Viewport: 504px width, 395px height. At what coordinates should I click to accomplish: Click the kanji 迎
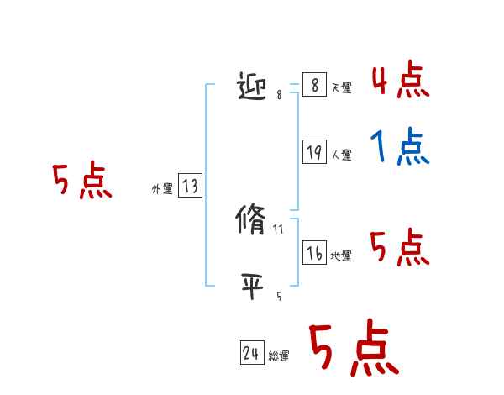pyautogui.click(x=255, y=87)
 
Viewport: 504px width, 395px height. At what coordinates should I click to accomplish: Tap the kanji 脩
pyautogui.click(x=253, y=221)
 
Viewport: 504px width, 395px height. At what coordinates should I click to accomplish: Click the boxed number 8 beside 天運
pyautogui.click(x=313, y=85)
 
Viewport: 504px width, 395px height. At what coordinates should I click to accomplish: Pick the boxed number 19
pyautogui.click(x=314, y=152)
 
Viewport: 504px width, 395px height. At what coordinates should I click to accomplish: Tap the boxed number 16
pyautogui.click(x=314, y=252)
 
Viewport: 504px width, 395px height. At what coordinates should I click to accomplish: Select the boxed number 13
pyautogui.click(x=190, y=186)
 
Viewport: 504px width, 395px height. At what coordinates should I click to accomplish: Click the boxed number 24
pyautogui.click(x=251, y=354)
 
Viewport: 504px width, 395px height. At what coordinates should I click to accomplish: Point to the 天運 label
pyautogui.click(x=342, y=88)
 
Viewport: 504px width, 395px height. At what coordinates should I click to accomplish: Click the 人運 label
pyautogui.click(x=342, y=155)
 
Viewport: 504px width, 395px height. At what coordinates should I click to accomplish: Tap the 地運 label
pyautogui.click(x=342, y=255)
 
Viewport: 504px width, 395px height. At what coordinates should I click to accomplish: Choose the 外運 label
pyautogui.click(x=161, y=189)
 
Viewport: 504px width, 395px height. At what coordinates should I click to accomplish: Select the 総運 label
pyautogui.click(x=279, y=356)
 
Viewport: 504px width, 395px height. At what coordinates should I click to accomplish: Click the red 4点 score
pyautogui.click(x=400, y=80)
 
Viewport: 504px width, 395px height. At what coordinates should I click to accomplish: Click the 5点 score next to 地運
pyautogui.click(x=400, y=247)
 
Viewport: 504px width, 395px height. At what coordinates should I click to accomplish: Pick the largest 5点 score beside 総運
pyautogui.click(x=353, y=349)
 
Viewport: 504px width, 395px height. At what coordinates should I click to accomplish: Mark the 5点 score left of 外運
pyautogui.click(x=81, y=181)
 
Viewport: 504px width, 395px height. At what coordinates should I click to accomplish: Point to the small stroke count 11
pyautogui.click(x=279, y=229)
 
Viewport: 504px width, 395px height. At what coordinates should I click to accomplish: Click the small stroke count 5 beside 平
pyautogui.click(x=279, y=296)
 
